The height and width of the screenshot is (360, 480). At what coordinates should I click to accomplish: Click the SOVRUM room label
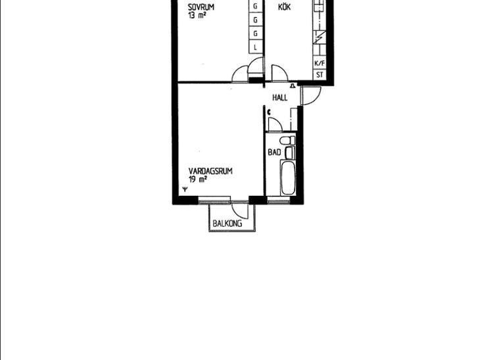coord(201,7)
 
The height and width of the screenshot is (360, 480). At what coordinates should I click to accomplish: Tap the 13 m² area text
coord(197,15)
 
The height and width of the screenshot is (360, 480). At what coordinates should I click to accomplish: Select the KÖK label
coord(285,7)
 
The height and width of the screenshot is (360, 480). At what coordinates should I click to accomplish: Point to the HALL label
coord(280,98)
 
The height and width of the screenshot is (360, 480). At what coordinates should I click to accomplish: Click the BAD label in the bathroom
coord(274,152)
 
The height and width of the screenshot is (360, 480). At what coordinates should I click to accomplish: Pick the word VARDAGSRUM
coord(210,171)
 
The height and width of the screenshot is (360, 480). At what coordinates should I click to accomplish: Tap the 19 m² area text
coord(197,179)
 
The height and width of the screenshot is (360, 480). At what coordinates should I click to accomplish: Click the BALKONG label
coord(227,223)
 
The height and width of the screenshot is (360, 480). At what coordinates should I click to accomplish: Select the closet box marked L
coord(255,47)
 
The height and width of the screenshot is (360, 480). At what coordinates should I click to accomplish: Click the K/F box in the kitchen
coord(320,63)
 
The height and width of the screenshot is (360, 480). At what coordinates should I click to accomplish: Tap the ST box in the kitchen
coord(320,75)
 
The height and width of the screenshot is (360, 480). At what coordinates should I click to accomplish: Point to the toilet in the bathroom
coord(287,141)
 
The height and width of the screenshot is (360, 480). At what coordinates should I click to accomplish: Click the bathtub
coord(288,178)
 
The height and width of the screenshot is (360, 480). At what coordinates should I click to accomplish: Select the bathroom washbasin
coord(290,152)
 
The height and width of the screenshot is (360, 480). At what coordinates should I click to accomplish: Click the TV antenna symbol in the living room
coord(185,189)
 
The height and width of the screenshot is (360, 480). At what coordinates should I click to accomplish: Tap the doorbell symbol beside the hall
coord(293,85)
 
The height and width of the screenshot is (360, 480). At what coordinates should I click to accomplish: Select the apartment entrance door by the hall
coord(311,96)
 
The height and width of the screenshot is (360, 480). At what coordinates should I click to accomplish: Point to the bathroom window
coord(278,200)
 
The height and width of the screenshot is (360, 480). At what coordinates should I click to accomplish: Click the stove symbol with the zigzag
coord(320,37)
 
